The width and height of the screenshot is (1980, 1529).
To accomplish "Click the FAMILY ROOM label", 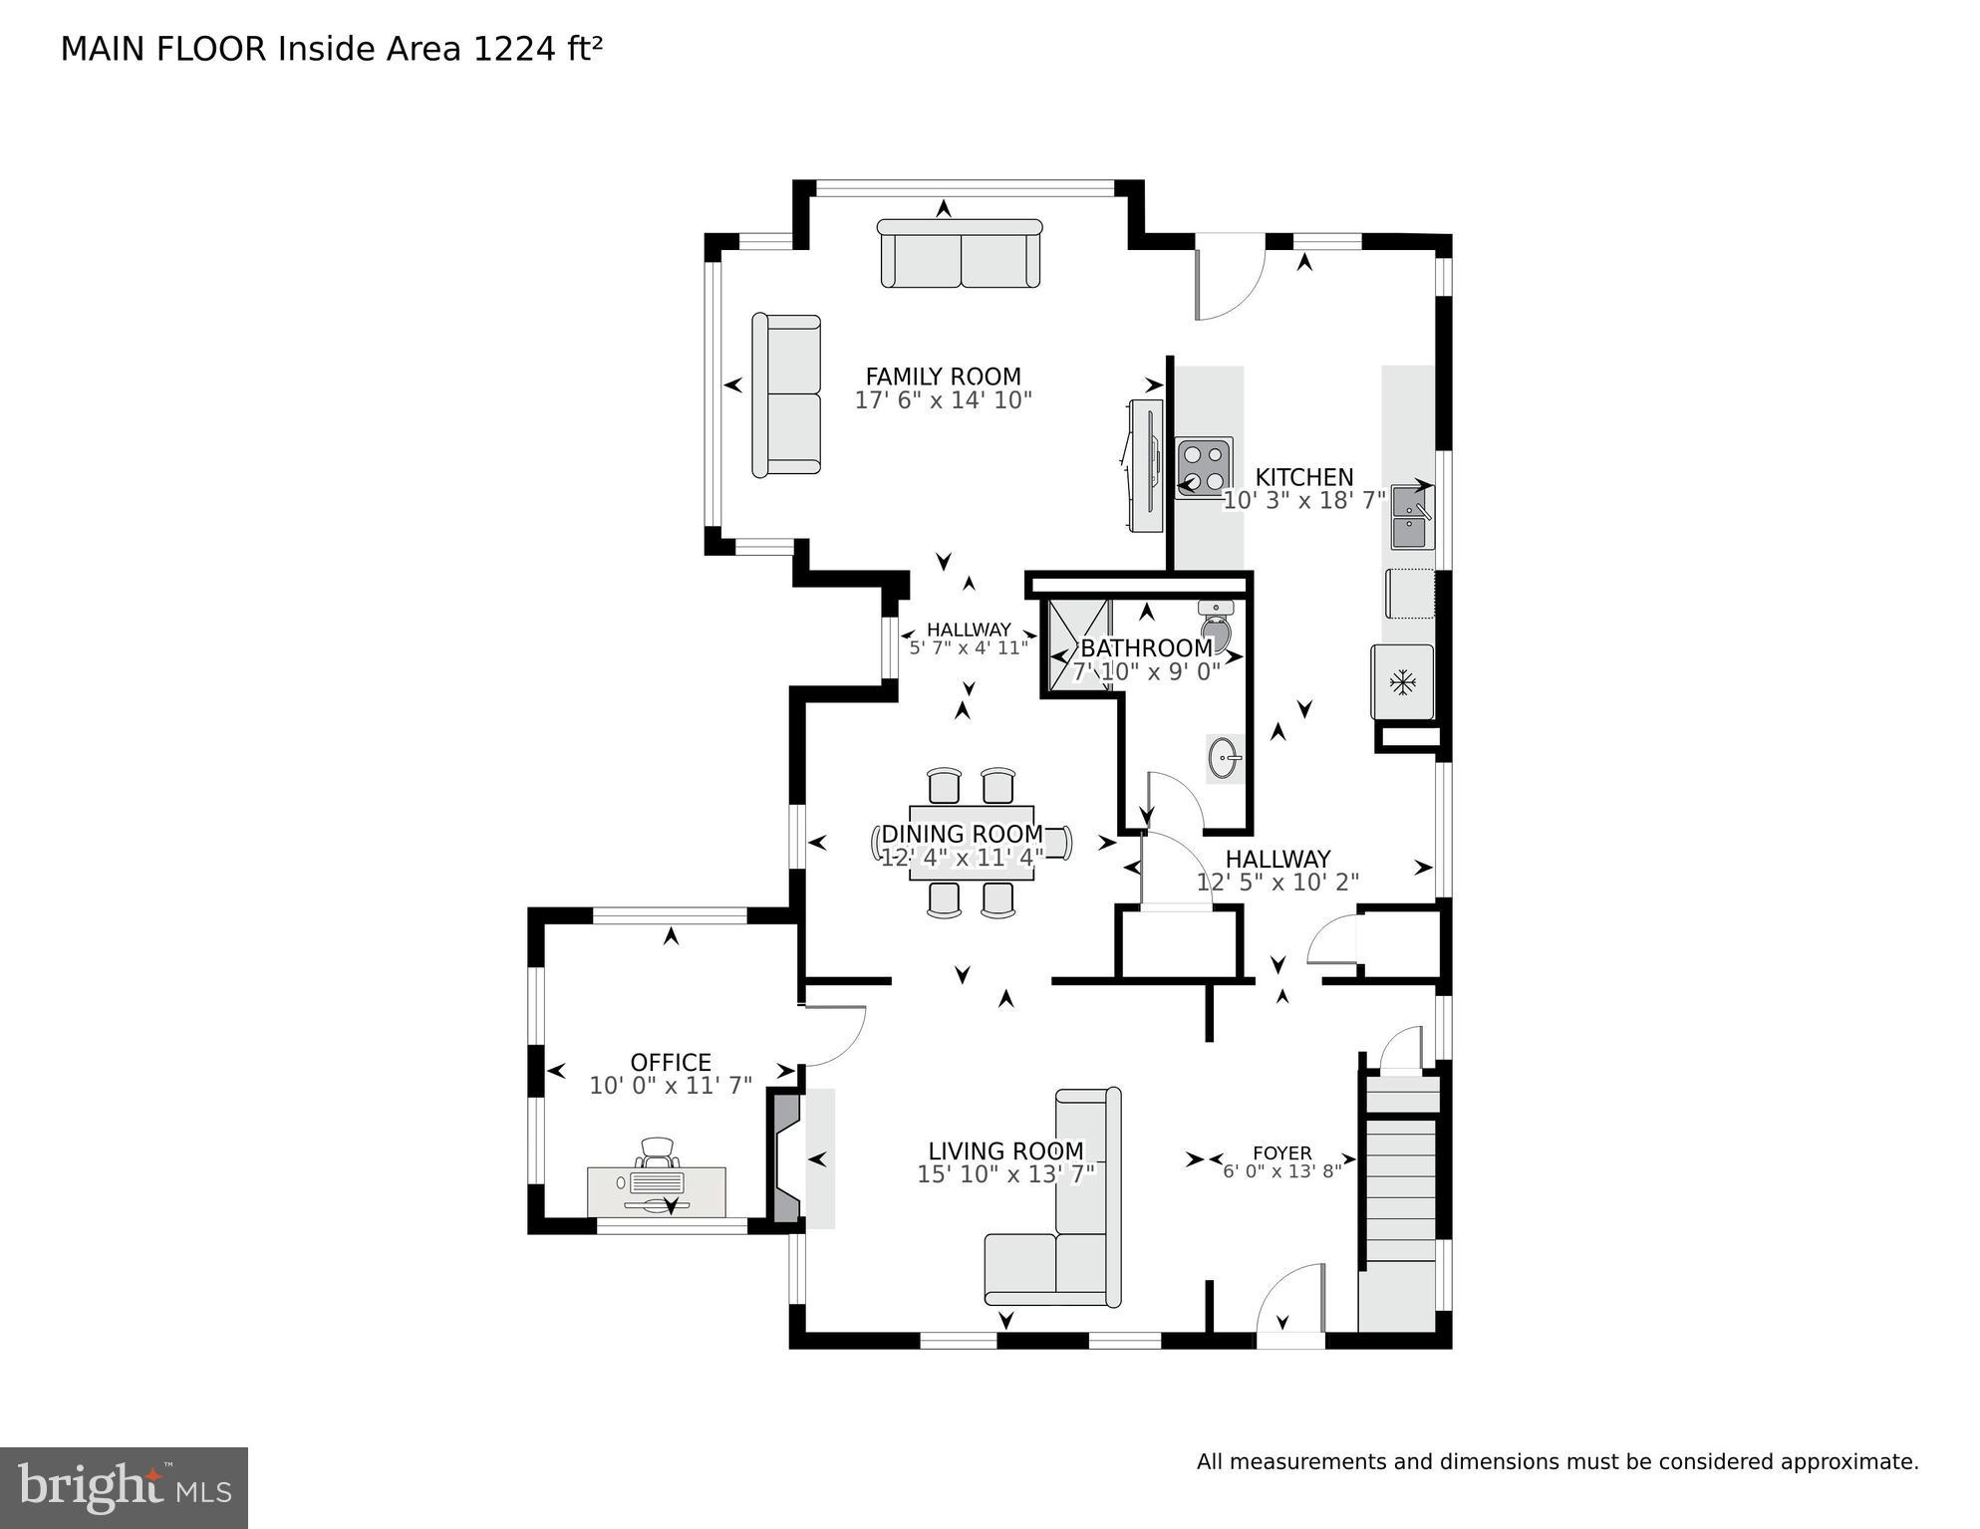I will pyautogui.click(x=943, y=377).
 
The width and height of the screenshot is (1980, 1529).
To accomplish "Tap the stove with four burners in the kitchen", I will pyautogui.click(x=1204, y=468).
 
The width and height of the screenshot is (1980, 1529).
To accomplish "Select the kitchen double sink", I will pyautogui.click(x=1412, y=517).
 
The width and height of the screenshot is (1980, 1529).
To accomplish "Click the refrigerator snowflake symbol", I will pyautogui.click(x=1403, y=682).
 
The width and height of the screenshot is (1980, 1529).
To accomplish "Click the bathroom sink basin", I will pyautogui.click(x=1225, y=759).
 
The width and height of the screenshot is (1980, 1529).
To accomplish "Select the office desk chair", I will pyautogui.click(x=658, y=1152).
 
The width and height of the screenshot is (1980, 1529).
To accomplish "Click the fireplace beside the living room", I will pyautogui.click(x=787, y=1157).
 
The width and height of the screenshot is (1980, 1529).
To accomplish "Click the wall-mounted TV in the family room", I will pyautogui.click(x=1146, y=465).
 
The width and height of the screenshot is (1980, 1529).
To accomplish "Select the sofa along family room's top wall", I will pyautogui.click(x=960, y=255).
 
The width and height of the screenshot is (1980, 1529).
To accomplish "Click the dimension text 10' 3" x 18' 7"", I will pyautogui.click(x=1303, y=501).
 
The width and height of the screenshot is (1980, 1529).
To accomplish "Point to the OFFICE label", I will pyautogui.click(x=671, y=1062).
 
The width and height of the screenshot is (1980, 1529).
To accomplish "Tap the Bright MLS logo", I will pyautogui.click(x=124, y=1488).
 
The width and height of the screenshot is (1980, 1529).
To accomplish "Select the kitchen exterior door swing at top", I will pyautogui.click(x=1228, y=279).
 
